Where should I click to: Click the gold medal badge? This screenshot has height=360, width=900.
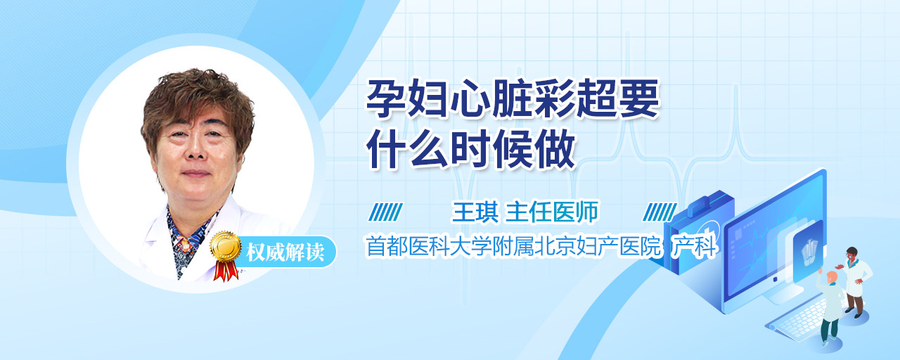point(226,246)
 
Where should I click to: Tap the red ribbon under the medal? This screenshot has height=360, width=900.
point(226,271)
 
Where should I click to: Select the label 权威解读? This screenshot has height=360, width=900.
point(285,252)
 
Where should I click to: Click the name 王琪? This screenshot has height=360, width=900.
point(475,212)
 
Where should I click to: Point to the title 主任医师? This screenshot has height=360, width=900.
point(552,212)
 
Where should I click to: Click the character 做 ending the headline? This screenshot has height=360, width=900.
point(556,148)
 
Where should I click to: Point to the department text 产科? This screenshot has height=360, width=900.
point(694,246)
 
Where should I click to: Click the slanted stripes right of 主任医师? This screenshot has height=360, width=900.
point(660,212)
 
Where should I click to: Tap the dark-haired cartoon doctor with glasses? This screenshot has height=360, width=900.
point(854,281)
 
